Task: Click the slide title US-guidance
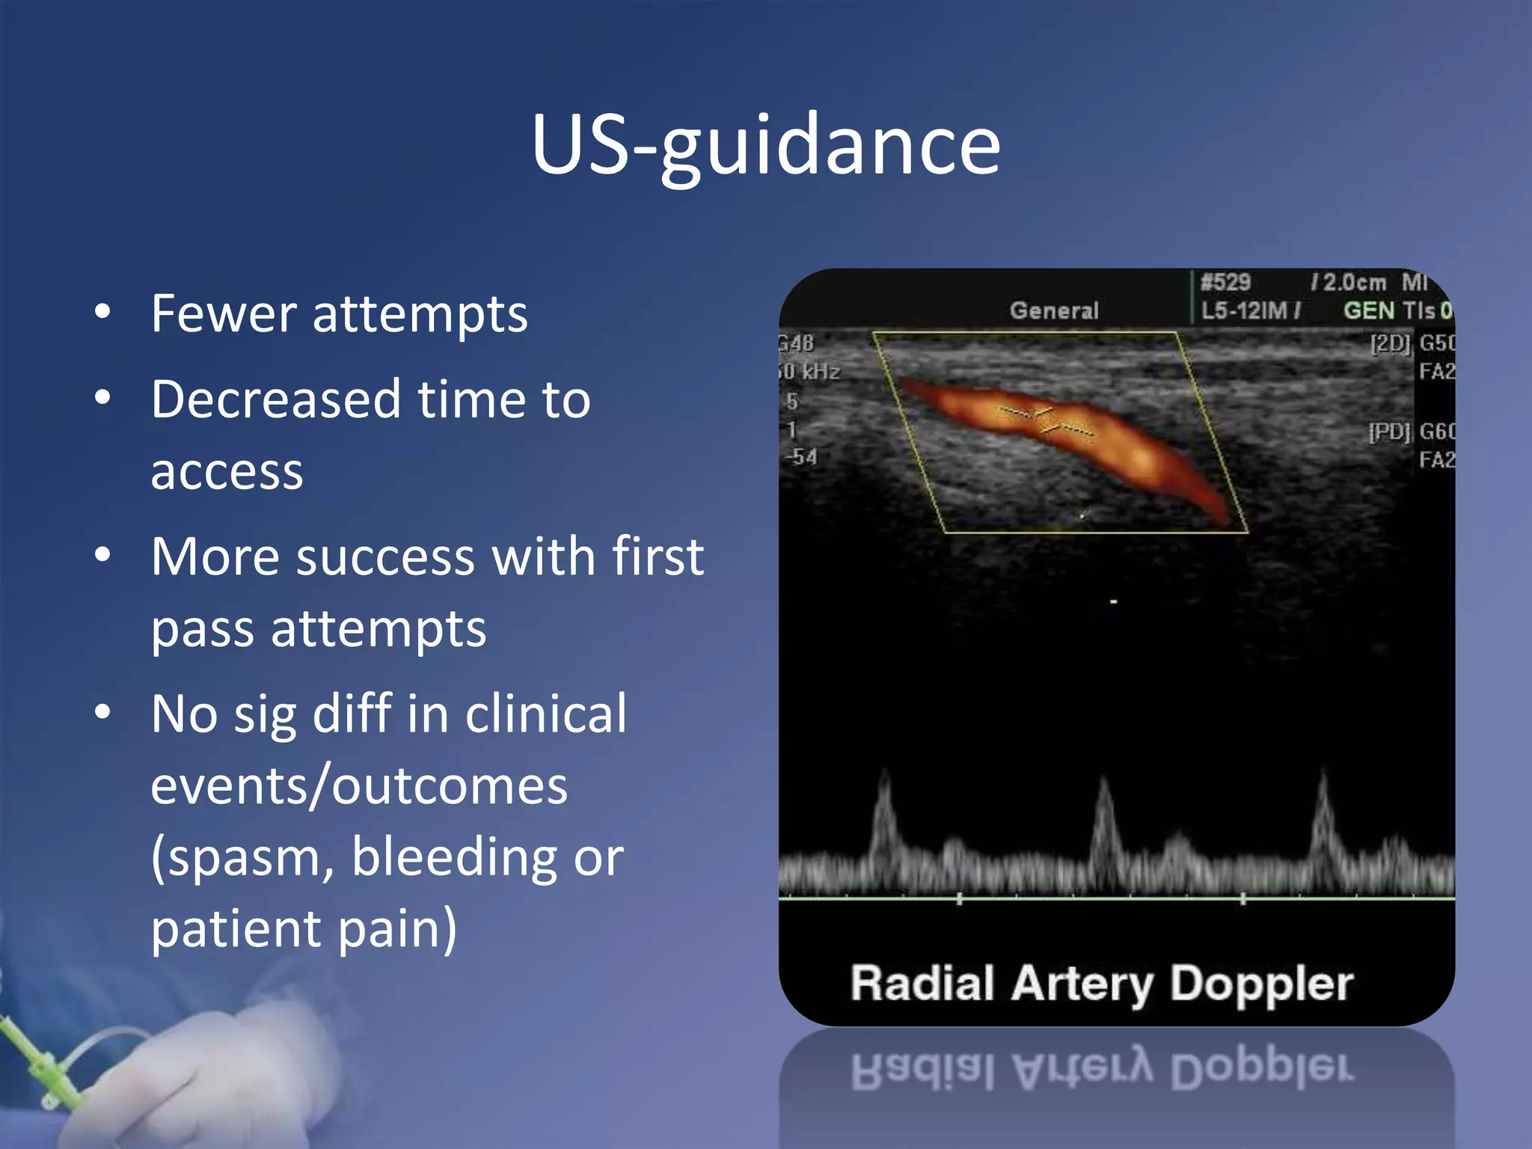pyautogui.click(x=765, y=146)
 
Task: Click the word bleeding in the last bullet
pyautogui.click(x=455, y=857)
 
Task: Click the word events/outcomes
pyautogui.click(x=359, y=786)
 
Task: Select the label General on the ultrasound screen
pyautogui.click(x=1054, y=310)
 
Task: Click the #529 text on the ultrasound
pyautogui.click(x=1225, y=283)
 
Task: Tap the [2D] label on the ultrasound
pyautogui.click(x=1389, y=343)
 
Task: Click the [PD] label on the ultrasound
pyautogui.click(x=1388, y=432)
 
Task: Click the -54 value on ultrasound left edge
pyautogui.click(x=801, y=456)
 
